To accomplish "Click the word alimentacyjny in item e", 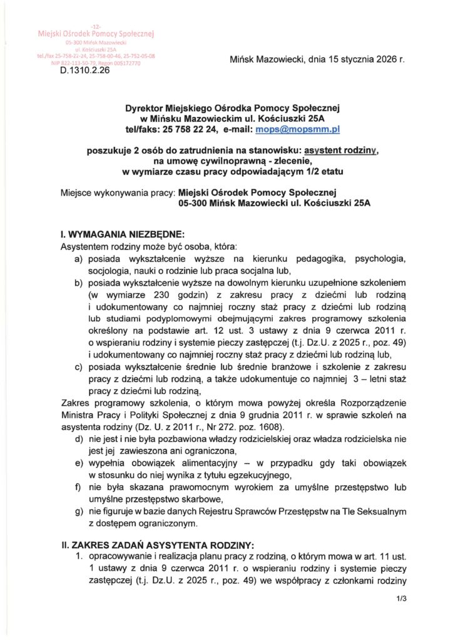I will click(x=188, y=462).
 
